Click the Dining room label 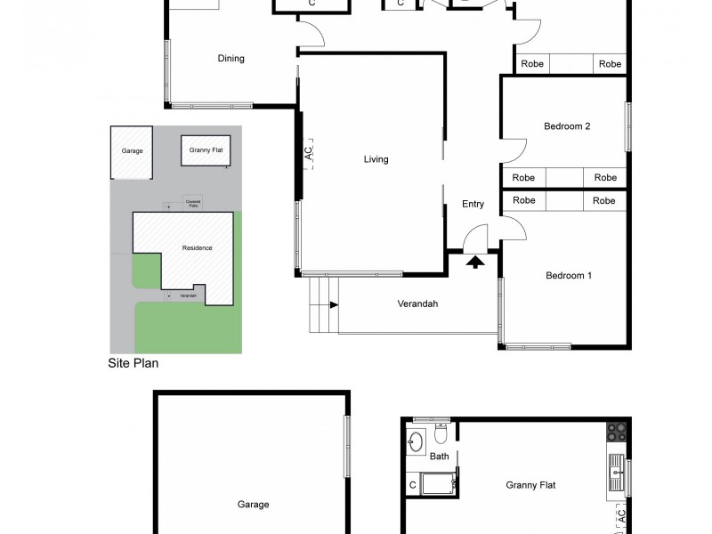tap(231, 59)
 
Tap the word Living tap(376, 160)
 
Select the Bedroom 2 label tap(567, 126)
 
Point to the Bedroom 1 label tap(569, 276)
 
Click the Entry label tap(473, 205)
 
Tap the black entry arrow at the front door tap(475, 262)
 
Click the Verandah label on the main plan tap(417, 303)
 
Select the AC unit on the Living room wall tap(308, 152)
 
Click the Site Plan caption tap(133, 363)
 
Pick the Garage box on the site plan tap(132, 151)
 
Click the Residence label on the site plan tap(197, 248)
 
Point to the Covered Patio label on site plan tap(192, 203)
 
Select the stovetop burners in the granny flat tap(617, 433)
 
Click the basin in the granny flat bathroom tap(416, 440)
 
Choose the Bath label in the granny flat tap(439, 457)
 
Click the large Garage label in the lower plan tap(253, 505)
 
